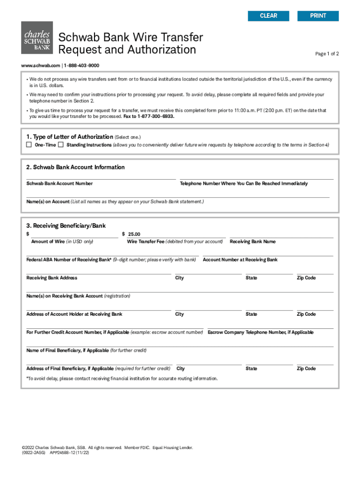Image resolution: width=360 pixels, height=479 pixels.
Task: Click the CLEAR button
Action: [268, 16]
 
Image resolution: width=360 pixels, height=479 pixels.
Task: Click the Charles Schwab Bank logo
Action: [37, 37]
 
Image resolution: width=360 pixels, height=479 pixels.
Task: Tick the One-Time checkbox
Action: [29, 145]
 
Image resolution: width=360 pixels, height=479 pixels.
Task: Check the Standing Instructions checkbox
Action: [60, 145]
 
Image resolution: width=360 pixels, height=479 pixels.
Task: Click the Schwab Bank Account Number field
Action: [101, 175]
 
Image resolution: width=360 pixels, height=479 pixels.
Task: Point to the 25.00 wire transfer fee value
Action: [134, 234]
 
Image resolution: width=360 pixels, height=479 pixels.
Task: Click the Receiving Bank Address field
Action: [98, 270]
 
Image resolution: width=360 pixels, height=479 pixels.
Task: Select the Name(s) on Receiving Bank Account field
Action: [180, 289]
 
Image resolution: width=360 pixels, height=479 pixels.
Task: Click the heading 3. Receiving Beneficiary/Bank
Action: [66, 226]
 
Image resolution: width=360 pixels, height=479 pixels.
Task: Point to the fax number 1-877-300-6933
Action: [156, 116]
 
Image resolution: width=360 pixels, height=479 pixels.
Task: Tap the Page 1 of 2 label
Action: [327, 54]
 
